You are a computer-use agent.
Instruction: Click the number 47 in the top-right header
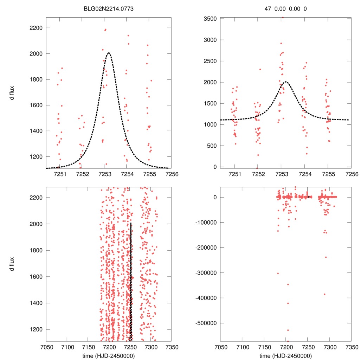pyautogui.click(x=268, y=9)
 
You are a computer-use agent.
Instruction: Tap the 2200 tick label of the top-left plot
pyautogui.click(x=36, y=28)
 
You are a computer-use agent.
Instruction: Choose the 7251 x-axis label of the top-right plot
pyautogui.click(x=234, y=174)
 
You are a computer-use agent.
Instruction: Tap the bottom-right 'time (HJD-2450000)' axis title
pyautogui.click(x=285, y=355)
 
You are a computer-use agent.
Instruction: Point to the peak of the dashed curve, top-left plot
pyautogui.click(x=109, y=53)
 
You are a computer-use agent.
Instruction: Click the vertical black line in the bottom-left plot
pyautogui.click(x=131, y=281)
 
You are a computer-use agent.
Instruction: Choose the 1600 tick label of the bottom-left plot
pyautogui.click(x=36, y=277)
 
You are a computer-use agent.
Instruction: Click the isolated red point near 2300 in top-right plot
pyautogui.click(x=260, y=69)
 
